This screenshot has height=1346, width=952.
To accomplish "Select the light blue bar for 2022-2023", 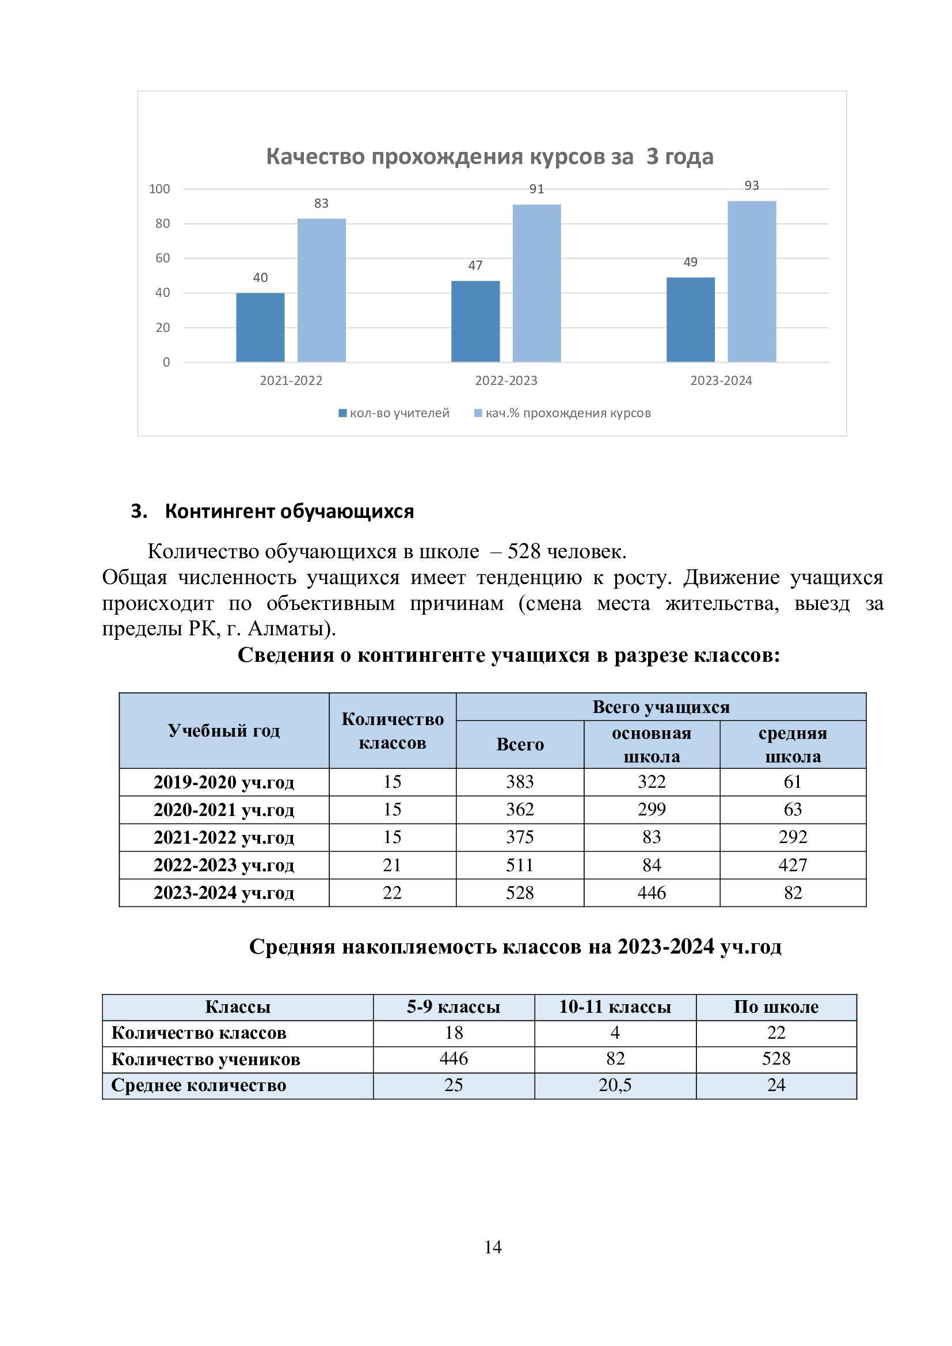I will point(536,283).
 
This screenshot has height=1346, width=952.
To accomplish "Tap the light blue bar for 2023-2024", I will point(752,281).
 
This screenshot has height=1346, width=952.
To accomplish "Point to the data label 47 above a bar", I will point(475,265).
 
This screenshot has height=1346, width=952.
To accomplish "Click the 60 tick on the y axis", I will point(162,258).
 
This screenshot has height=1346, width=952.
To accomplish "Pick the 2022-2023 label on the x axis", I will point(506,380).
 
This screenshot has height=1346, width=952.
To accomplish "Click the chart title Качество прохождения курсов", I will point(489,157).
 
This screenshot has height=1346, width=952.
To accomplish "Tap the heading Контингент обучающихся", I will point(289,511).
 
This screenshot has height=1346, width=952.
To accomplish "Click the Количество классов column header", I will point(392,730).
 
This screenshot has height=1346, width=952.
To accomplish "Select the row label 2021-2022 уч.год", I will point(224,837).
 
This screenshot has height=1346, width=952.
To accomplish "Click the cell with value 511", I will point(519,865).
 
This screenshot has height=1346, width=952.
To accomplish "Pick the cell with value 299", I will point(652,810).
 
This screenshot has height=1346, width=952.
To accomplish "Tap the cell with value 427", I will point(793,865).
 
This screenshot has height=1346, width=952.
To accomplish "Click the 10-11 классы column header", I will point(614,1006).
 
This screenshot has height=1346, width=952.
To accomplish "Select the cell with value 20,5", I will point(614,1085).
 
